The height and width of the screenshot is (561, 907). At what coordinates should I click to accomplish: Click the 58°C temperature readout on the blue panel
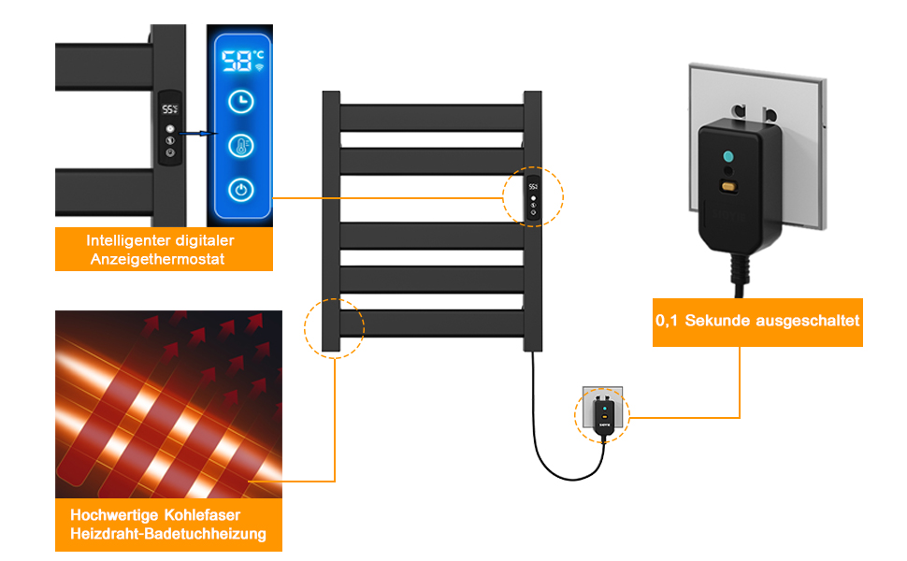pos(242,60)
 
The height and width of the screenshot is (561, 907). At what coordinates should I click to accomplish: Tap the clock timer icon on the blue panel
pos(240,102)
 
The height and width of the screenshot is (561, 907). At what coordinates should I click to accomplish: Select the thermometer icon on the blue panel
pos(240,146)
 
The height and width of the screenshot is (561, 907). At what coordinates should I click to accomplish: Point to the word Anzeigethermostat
pos(157,259)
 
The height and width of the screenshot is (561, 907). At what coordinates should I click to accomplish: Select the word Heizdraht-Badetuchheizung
pos(168,533)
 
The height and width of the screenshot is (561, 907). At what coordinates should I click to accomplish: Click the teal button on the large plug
pos(728,156)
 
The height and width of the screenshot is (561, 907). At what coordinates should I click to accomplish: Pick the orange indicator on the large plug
pos(728,187)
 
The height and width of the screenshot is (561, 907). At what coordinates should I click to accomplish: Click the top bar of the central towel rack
pos(432,118)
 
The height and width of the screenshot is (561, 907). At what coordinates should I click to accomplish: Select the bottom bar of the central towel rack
pos(432,324)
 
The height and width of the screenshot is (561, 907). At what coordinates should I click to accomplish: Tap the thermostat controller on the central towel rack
pos(533,199)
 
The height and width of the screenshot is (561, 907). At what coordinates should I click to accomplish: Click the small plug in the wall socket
pos(604,416)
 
